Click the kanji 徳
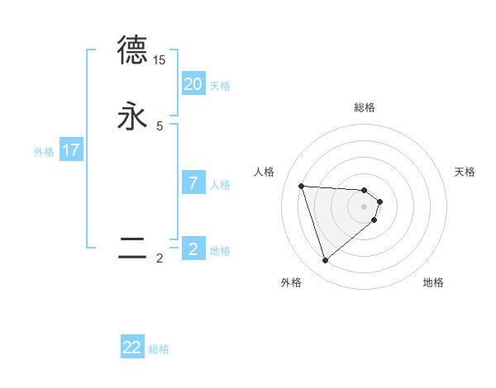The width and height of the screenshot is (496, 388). [x=132, y=50]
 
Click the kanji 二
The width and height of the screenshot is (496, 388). [x=132, y=247]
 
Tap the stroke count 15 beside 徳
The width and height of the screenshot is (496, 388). [x=160, y=60]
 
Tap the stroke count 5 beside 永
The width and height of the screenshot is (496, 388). [x=160, y=126]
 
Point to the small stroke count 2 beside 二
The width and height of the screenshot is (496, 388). [x=160, y=258]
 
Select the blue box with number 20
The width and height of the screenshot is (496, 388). [x=193, y=84]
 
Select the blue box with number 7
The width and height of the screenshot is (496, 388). [x=193, y=183]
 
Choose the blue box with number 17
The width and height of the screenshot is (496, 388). [x=71, y=150]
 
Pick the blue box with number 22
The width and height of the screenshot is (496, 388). [x=132, y=348]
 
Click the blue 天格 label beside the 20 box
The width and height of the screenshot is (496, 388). [x=220, y=86]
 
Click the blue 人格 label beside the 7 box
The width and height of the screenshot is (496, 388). [x=220, y=185]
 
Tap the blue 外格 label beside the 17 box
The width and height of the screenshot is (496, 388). [x=44, y=152]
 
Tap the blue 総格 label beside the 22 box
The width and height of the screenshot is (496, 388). [x=159, y=349]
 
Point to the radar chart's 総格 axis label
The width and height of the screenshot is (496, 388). [x=365, y=107]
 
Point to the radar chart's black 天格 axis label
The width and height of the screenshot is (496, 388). [x=465, y=172]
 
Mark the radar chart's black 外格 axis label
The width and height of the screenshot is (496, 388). [x=291, y=282]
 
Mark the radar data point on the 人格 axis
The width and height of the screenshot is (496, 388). [x=302, y=186]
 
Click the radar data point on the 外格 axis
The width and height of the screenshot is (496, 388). [x=326, y=261]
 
